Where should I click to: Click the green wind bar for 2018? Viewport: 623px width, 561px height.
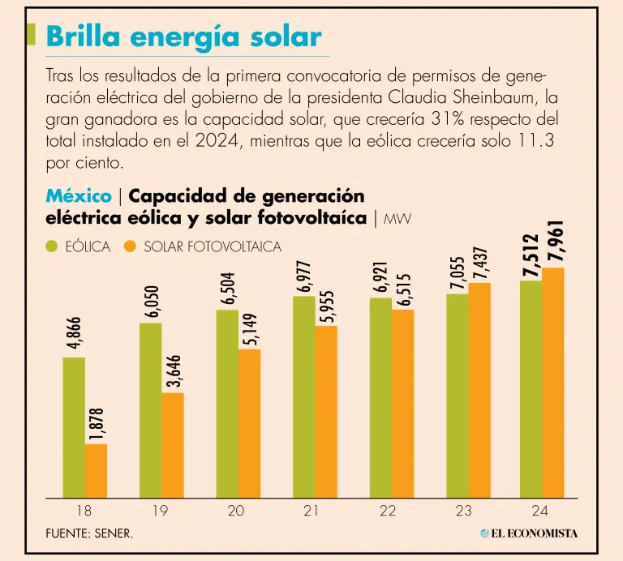click(x=74, y=427)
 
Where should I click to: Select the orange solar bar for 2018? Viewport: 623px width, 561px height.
click(x=96, y=471)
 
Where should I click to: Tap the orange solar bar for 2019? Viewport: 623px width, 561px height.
click(x=173, y=445)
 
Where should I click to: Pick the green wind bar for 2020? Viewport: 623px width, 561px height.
click(x=227, y=404)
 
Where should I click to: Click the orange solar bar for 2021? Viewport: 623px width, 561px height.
click(x=326, y=412)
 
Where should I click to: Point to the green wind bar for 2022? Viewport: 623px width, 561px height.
click(x=380, y=397)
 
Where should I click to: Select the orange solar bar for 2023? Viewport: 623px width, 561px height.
click(x=479, y=390)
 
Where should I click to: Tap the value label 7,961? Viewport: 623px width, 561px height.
click(x=556, y=242)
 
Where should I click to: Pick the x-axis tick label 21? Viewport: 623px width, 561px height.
click(x=311, y=512)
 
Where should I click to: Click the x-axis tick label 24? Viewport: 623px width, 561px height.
click(x=540, y=512)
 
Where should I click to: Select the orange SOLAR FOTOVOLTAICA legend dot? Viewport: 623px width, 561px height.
click(x=130, y=246)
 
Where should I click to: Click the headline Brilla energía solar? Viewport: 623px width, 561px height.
click(x=183, y=36)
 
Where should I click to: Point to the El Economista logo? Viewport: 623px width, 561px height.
click(x=529, y=533)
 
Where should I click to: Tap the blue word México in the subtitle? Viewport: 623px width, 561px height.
click(x=79, y=196)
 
